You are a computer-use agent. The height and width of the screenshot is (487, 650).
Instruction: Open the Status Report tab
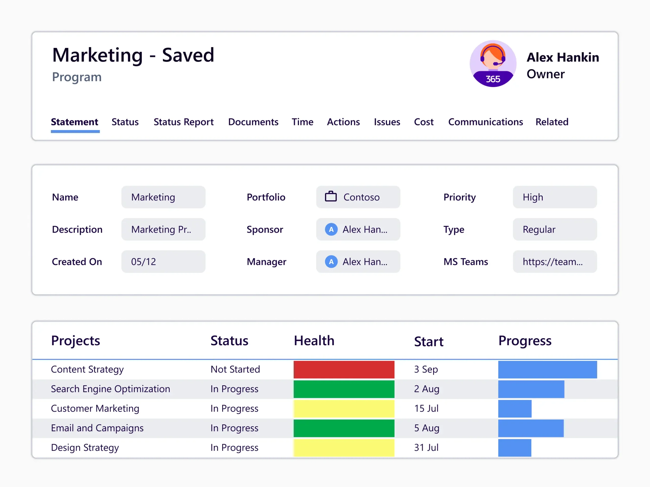[x=183, y=122]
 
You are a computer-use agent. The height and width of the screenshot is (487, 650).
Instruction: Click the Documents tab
[x=253, y=122]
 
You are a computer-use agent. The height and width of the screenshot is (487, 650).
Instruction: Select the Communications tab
[x=485, y=122]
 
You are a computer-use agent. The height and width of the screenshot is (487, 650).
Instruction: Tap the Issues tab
[x=387, y=122]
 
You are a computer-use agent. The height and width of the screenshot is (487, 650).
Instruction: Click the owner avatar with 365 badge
[x=493, y=63]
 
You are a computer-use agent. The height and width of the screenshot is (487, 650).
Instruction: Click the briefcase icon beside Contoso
[x=331, y=197]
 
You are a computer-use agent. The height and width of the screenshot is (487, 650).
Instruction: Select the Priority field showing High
[x=555, y=197]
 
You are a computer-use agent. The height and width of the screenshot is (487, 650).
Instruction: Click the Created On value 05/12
[x=163, y=262]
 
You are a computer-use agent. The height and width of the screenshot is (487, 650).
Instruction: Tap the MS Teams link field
[x=555, y=262]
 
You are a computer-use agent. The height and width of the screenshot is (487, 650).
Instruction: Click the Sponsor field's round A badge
[x=331, y=229]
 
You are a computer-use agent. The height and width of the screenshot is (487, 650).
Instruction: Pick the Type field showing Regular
[x=555, y=229]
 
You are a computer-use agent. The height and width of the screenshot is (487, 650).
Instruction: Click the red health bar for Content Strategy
[x=344, y=369]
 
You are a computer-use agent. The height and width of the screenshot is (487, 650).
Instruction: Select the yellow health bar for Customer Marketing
[x=344, y=408]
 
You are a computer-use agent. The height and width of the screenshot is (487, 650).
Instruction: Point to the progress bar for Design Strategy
[x=514, y=448]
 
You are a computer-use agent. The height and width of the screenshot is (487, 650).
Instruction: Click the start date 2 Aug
[x=426, y=389]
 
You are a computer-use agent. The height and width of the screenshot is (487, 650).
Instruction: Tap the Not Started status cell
[x=235, y=369]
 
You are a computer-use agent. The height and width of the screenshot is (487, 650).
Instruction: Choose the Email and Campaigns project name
[x=97, y=428]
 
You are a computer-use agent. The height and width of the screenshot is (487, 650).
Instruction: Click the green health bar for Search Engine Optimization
[x=344, y=389]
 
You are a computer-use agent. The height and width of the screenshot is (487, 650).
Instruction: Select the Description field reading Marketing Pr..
[x=163, y=229]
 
